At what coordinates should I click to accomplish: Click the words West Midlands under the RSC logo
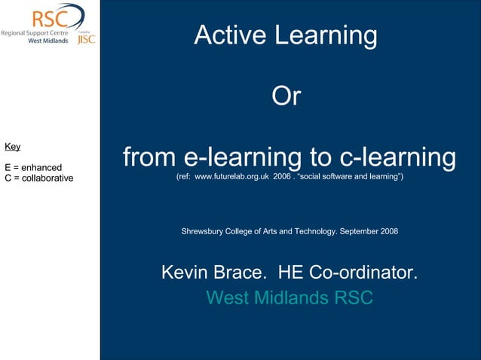(x=47, y=41)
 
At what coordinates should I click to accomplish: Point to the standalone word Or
(x=286, y=96)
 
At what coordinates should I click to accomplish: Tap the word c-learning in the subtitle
(x=397, y=157)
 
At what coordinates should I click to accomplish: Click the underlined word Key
(x=13, y=146)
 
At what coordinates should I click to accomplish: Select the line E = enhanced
(x=33, y=167)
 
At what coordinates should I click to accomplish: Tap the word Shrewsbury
(x=202, y=231)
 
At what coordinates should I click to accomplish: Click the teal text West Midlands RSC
(x=290, y=297)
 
